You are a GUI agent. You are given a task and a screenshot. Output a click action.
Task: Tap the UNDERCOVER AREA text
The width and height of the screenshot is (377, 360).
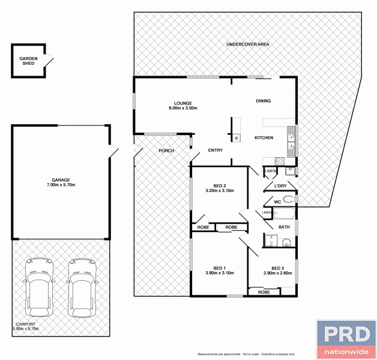pos(247,45)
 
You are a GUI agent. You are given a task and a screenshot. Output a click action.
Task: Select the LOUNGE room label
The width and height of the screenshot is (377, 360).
pos(182,106)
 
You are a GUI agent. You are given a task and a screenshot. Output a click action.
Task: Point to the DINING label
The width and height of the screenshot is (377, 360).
pos(264,101)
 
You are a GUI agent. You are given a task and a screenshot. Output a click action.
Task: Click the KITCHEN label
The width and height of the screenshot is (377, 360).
pos(264,138)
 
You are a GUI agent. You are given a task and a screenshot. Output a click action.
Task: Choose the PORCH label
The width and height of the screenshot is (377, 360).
pos(166,151)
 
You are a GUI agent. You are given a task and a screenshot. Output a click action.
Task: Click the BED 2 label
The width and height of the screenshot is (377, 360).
pos(219,188)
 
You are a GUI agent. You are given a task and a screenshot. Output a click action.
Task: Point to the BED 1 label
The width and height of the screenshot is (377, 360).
pos(219,270)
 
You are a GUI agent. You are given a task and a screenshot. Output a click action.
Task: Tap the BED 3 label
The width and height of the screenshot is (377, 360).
pos(277,271)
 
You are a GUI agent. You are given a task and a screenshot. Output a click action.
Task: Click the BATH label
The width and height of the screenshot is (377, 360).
pos(284,227)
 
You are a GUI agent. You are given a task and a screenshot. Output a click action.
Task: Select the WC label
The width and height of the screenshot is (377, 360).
pos(277,202)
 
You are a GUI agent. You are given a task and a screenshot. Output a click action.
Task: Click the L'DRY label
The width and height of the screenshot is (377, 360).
pos(280,186)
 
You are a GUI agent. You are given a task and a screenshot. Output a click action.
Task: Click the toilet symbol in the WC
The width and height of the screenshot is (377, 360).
pos(289,199)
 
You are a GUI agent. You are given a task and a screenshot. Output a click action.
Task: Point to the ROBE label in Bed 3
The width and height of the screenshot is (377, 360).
pos(264,292)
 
